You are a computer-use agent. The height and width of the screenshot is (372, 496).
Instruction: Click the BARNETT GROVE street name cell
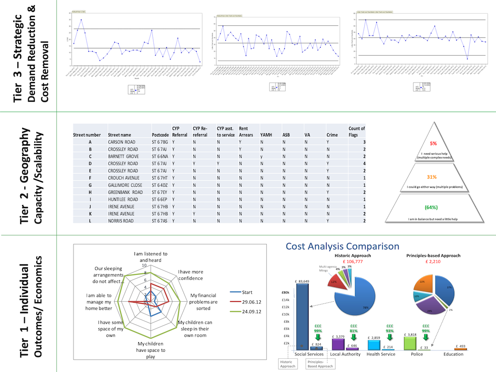pyautogui.click(x=123, y=157)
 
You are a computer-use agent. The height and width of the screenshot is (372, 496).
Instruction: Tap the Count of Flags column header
pyautogui.click(x=356, y=132)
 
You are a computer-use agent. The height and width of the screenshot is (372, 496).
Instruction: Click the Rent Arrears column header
pyautogui.click(x=243, y=132)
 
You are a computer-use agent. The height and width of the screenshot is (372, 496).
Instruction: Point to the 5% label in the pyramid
pyautogui.click(x=433, y=143)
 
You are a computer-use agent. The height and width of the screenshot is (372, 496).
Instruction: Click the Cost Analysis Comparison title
pyautogui.click(x=342, y=247)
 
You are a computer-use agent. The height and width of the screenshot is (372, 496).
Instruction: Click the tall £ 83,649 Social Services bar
pyautogui.click(x=303, y=317)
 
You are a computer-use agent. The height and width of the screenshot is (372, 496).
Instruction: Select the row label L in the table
pyautogui.click(x=90, y=221)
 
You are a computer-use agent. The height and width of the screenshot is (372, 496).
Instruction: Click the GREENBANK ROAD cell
pyautogui.click(x=125, y=192)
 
